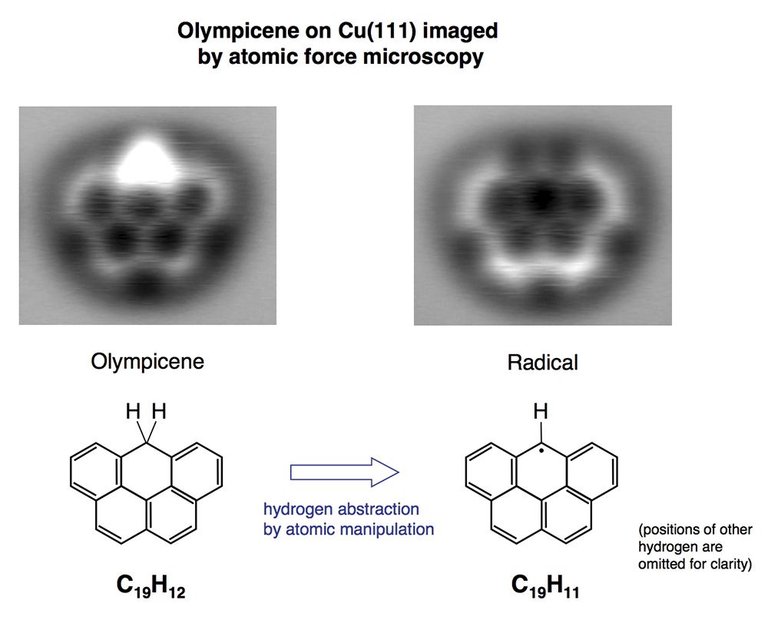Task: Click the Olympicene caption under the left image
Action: point(147,361)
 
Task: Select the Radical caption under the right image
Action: point(542,363)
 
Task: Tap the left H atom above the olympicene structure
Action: point(133,413)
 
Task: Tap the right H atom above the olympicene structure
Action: point(158,413)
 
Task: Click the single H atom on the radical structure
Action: point(541,413)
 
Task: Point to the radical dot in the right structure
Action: point(541,451)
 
